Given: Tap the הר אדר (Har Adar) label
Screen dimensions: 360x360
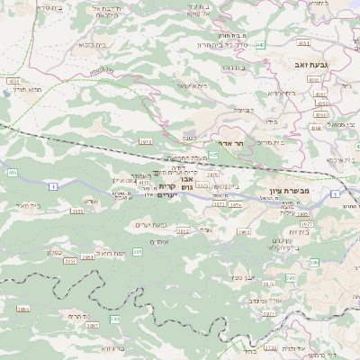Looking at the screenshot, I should pyautogui.click(x=220, y=143).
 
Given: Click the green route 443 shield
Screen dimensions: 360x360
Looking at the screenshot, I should pyautogui.click(x=260, y=43).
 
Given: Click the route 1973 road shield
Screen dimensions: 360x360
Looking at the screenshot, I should pyautogui.click(x=145, y=141).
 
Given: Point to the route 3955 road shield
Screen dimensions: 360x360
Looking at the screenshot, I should pyautogui.click(x=78, y=211).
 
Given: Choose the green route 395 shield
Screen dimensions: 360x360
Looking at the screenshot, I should pyautogui.click(x=137, y=252).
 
